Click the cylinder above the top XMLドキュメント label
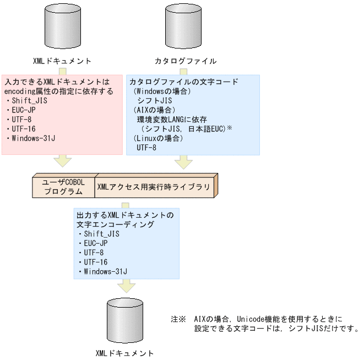click(62, 25)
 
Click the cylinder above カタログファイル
click(183, 25)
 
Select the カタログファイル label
click(184, 61)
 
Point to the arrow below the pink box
click(62, 161)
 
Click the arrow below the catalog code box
click(183, 161)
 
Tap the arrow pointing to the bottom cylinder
click(127, 285)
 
